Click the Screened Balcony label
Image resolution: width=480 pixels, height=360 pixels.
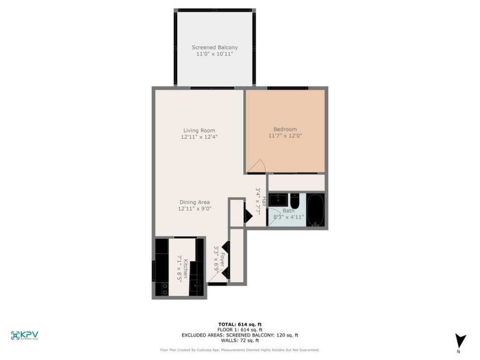pyautogui.click(x=215, y=47)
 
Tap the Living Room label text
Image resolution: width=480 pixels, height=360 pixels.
pyautogui.click(x=199, y=130)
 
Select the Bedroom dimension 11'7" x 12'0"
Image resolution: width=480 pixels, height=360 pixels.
pyautogui.click(x=285, y=136)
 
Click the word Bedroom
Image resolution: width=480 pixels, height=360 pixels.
pyautogui.click(x=285, y=129)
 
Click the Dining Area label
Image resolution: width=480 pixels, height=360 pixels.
pyautogui.click(x=194, y=202)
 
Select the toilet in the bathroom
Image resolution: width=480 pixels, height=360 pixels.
pyautogui.click(x=295, y=202)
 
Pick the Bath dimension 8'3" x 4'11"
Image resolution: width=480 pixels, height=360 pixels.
pyautogui.click(x=289, y=217)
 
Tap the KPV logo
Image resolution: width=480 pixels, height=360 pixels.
pyautogui.click(x=24, y=335)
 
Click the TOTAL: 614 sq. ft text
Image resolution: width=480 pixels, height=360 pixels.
pyautogui.click(x=240, y=324)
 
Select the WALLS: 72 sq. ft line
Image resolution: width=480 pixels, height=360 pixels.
pyautogui.click(x=240, y=340)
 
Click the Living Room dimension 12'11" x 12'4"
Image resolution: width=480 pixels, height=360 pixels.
pyautogui.click(x=199, y=137)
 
